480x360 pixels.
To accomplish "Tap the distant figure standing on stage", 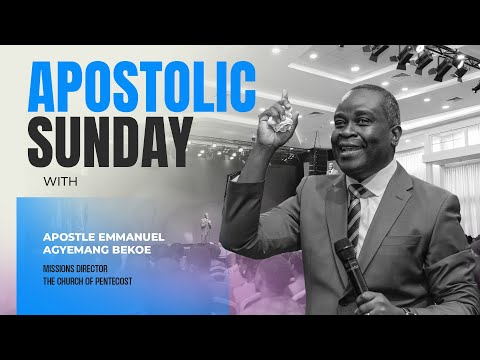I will click(x=205, y=226).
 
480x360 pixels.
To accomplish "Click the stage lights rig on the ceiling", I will click(x=420, y=62).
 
